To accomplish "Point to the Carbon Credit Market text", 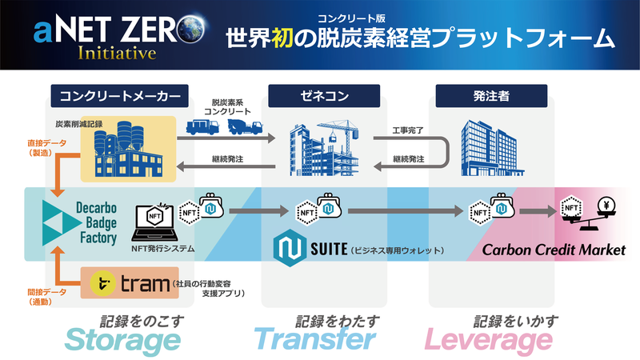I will click(554, 250).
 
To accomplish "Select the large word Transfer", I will click(314, 340).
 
